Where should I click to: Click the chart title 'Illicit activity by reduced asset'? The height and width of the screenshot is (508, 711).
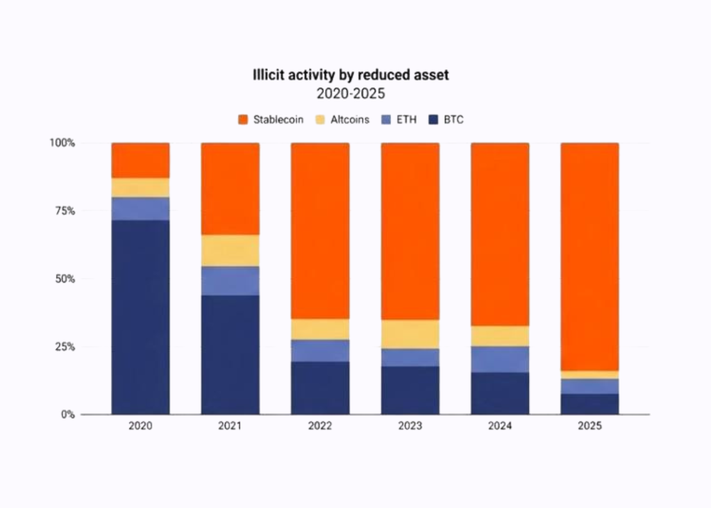pyautogui.click(x=350, y=75)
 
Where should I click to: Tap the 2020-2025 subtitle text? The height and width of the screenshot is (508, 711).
pyautogui.click(x=350, y=93)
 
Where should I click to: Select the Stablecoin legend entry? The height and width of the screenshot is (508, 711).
pyautogui.click(x=270, y=120)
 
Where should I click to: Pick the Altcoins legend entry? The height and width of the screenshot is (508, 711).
pyautogui.click(x=342, y=120)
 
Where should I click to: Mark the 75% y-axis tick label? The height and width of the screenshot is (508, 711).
pyautogui.click(x=64, y=211)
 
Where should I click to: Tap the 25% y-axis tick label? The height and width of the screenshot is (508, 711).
pyautogui.click(x=64, y=347)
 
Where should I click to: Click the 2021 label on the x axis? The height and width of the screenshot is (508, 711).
pyautogui.click(x=230, y=426)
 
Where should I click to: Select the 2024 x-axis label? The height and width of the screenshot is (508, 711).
pyautogui.click(x=500, y=426)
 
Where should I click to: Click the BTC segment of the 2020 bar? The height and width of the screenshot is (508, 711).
pyautogui.click(x=140, y=317)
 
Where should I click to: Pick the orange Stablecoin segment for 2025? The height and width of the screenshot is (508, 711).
pyautogui.click(x=589, y=256)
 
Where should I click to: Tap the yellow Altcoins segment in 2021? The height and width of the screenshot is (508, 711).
pyautogui.click(x=230, y=250)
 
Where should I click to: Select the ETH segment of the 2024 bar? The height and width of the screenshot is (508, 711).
pyautogui.click(x=500, y=359)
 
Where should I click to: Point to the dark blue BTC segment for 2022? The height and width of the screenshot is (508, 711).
pyautogui.click(x=320, y=388)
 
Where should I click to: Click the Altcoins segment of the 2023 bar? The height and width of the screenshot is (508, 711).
pyautogui.click(x=410, y=334)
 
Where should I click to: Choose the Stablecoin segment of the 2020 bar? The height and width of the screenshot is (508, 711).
pyautogui.click(x=140, y=161)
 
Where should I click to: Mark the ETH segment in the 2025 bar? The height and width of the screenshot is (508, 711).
pyautogui.click(x=589, y=386)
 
